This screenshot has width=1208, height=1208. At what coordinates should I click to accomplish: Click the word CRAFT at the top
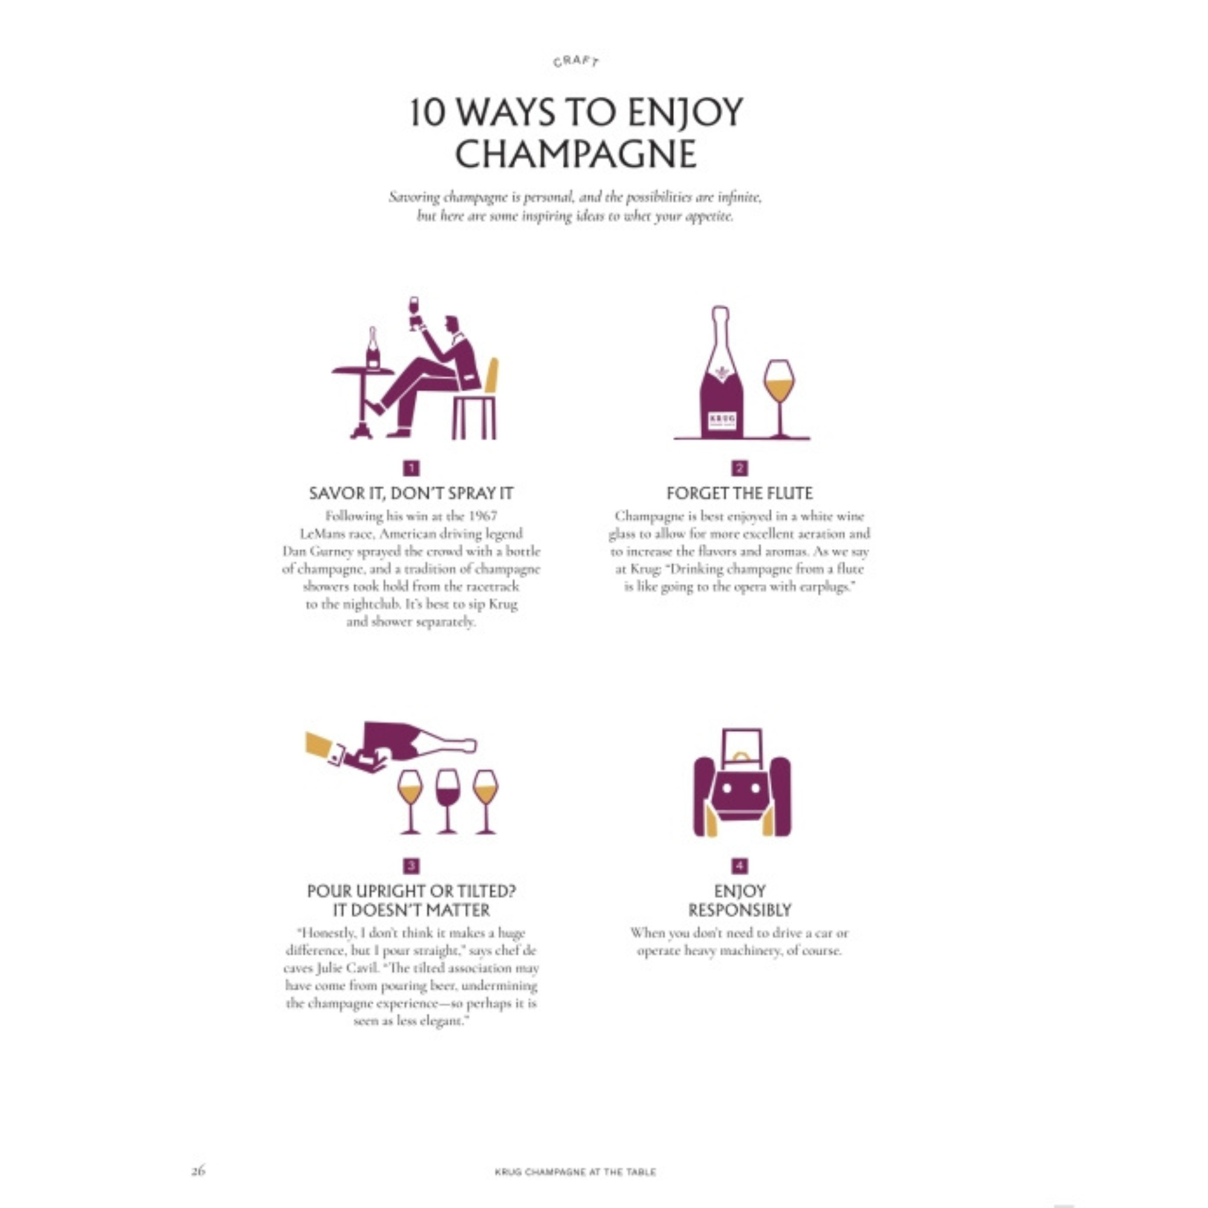click(x=576, y=60)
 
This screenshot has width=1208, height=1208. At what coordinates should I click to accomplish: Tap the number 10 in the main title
click(x=430, y=112)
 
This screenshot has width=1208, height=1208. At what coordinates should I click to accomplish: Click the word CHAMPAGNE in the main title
click(x=576, y=154)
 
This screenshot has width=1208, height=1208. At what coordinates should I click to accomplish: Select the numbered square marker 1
click(x=411, y=467)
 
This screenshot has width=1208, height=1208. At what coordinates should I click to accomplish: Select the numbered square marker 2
click(x=740, y=467)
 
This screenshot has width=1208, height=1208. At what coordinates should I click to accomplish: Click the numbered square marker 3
click(x=411, y=866)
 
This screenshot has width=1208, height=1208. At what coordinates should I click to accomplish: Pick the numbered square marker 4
click(x=740, y=866)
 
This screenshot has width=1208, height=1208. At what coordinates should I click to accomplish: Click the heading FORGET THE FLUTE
click(x=740, y=493)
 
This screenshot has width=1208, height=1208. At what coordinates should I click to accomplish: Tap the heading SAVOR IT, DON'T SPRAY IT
click(x=411, y=493)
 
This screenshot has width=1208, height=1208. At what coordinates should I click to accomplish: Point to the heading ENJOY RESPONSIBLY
click(x=740, y=901)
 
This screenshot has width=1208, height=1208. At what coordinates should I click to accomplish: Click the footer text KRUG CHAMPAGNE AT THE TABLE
click(x=575, y=1172)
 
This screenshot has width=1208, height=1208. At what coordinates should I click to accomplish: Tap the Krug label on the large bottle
click(x=722, y=420)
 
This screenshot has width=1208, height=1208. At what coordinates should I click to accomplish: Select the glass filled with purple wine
click(x=447, y=801)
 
